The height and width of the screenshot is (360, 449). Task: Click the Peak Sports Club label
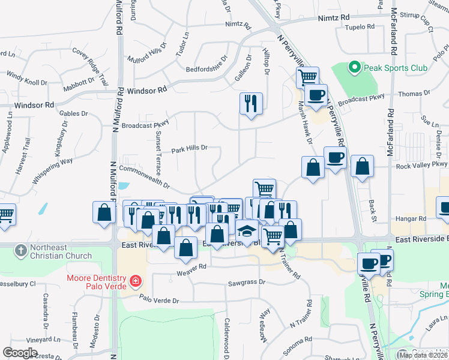pyautogui.click(x=394, y=68)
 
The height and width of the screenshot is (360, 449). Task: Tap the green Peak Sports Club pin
pyautogui.click(x=354, y=67)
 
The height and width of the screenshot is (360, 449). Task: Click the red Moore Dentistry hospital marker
pyautogui.click(x=136, y=280)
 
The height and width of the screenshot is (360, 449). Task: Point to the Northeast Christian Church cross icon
pyautogui.click(x=21, y=249)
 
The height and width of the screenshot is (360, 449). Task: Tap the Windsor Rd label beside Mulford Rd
pyautogui.click(x=146, y=91)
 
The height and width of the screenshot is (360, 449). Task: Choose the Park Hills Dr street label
pyautogui.click(x=189, y=148)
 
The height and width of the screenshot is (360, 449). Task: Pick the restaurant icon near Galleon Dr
pyautogui.click(x=251, y=103)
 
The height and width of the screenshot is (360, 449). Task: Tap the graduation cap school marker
pyautogui.click(x=246, y=230)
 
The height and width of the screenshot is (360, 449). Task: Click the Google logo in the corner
pyautogui.click(x=20, y=353)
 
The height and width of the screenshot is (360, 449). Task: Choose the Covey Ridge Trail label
pyautogui.click(x=90, y=65)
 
